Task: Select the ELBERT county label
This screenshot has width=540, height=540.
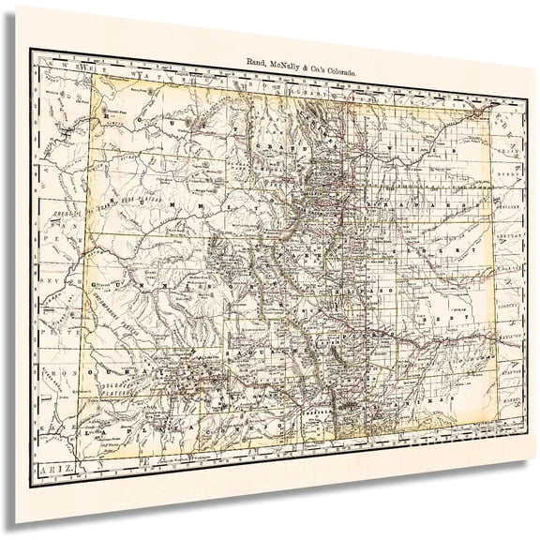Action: click(x=427, y=251)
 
